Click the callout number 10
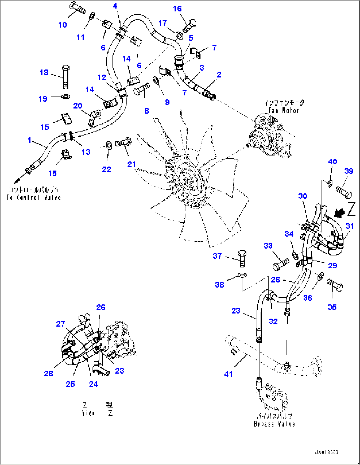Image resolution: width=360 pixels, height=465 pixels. [62, 25]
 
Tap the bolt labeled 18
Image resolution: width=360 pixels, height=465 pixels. [66, 77]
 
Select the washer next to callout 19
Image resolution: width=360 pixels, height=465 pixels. [66, 97]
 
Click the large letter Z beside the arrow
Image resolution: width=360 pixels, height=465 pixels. [351, 209]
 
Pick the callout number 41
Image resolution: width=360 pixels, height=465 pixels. [228, 374]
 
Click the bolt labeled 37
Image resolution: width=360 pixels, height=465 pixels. [242, 258]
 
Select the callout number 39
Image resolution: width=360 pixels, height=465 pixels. [349, 171]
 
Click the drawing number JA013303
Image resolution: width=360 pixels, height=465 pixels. [326, 452]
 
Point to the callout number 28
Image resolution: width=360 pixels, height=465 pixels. [48, 374]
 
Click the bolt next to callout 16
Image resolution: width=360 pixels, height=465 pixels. [189, 26]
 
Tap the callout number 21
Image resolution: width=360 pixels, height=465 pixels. [131, 164]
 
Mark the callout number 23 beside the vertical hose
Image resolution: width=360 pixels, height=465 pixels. [236, 311]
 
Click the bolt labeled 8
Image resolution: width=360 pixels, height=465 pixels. [141, 89]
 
